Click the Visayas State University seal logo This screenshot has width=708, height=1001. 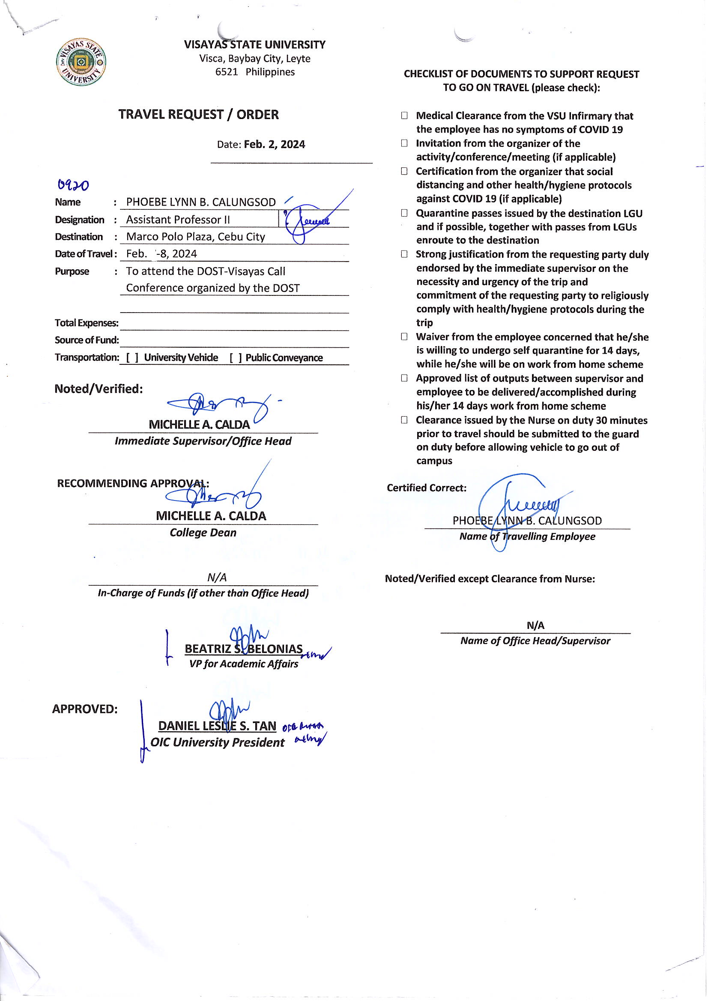pos(81,62)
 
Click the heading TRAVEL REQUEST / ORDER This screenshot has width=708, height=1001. pos(198,115)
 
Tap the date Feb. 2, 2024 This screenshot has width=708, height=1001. pos(275,144)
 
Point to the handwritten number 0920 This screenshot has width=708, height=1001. pos(73,186)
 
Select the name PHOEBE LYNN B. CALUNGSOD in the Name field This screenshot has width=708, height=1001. pos(201,202)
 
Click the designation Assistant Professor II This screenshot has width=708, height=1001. pos(178,220)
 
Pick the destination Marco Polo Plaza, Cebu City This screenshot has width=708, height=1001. pos(195,237)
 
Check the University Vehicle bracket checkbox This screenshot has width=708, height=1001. pos(132,358)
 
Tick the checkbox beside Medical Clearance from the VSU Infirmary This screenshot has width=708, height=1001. pos(404,116)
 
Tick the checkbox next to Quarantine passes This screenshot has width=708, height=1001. pos(404,213)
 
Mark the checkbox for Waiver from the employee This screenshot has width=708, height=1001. pos(404,337)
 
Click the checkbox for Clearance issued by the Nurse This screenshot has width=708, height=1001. pos(404,420)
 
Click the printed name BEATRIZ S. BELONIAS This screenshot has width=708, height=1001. pos(243,649)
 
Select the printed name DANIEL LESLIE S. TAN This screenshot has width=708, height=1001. pos(217,726)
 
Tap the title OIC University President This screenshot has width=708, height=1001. pos(217,742)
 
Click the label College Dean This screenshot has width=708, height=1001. pos(203,533)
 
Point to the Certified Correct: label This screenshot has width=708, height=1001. pos(426,488)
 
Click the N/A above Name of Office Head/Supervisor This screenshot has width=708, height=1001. pos(535,626)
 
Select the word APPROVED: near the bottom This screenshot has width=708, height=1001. pos(85,709)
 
